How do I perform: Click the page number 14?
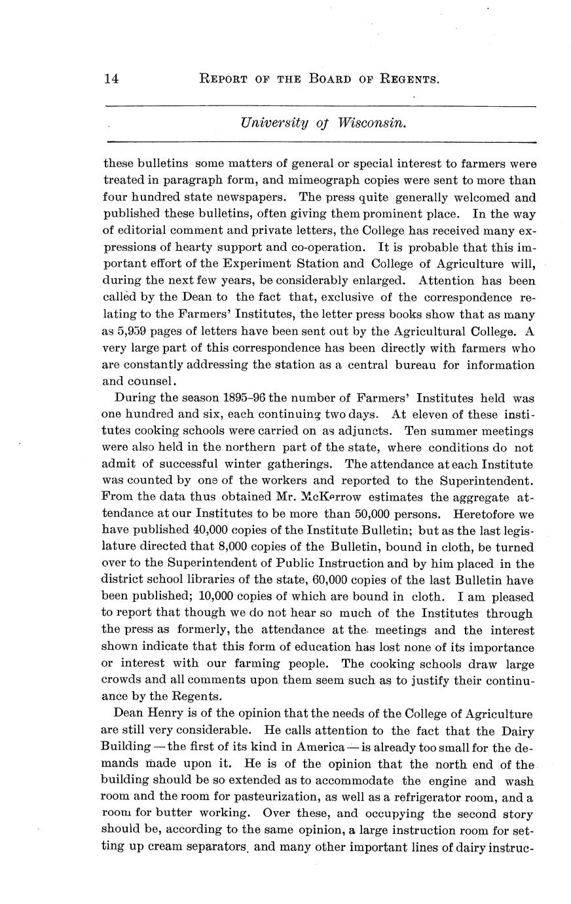tap(111, 79)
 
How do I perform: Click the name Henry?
tap(160, 713)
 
